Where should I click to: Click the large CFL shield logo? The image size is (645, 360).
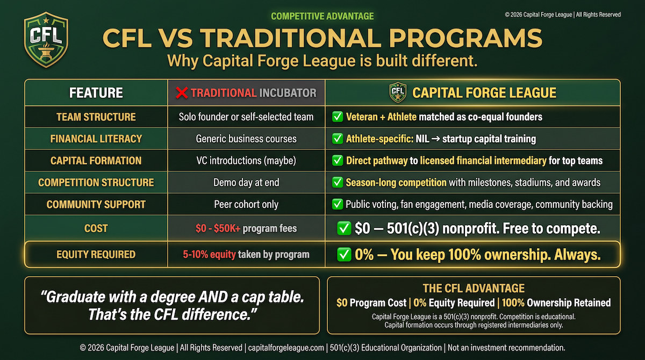coord(46,40)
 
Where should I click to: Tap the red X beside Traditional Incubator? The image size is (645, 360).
coord(182,92)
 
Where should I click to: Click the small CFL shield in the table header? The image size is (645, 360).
coord(398,92)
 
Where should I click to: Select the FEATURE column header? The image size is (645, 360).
coord(96,92)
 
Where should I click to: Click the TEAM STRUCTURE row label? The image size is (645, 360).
coord(96,117)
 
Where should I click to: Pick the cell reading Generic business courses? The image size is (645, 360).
coord(246,139)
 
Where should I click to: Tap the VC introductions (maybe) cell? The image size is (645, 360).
coord(246,161)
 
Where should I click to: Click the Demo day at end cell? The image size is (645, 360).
coord(246,183)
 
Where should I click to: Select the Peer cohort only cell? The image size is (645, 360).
coord(246,204)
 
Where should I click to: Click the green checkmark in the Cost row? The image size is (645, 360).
coord(344,228)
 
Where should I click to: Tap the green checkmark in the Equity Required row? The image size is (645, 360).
coord(344,254)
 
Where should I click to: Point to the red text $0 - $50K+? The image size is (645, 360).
coord(218,228)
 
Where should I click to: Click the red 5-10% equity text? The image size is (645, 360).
coord(209,254)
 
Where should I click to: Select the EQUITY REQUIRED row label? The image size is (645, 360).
coord(96,254)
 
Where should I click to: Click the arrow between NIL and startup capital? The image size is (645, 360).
coord(436,139)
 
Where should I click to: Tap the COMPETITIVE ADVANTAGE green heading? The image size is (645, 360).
coord(322,16)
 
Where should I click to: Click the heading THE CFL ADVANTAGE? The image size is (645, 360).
coord(474,288)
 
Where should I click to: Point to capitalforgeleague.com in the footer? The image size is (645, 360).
coord(286,348)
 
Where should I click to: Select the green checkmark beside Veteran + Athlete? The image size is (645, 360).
coord(338,117)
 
